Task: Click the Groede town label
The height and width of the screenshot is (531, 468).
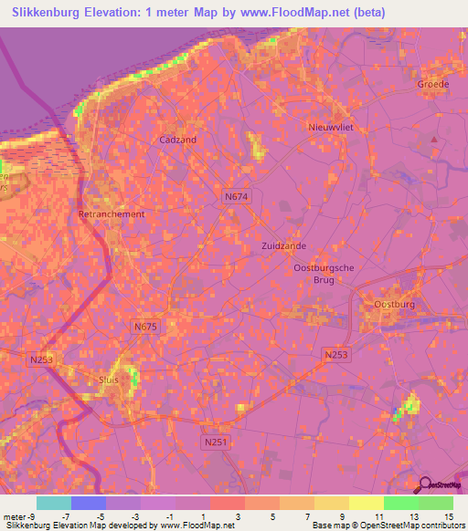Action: [432, 83]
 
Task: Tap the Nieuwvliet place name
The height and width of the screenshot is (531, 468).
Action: [330, 127]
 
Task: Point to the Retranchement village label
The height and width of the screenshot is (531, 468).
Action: [112, 214]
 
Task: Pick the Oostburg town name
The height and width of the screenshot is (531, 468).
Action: [395, 304]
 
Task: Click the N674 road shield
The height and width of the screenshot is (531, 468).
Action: [236, 195]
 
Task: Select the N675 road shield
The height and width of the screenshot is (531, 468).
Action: [145, 327]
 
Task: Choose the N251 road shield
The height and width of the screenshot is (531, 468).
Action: [214, 442]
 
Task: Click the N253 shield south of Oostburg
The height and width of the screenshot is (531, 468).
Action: [336, 354]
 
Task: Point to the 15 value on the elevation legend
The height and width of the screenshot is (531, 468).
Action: [450, 515]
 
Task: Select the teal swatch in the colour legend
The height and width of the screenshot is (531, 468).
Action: [54, 503]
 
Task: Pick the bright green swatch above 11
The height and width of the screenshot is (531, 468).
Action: [400, 503]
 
